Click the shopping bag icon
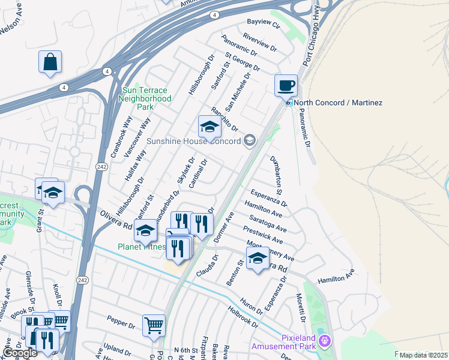(50, 62)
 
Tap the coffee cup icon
(286, 85)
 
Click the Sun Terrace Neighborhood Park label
(146, 98)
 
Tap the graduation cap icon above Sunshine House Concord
(209, 127)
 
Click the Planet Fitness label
(142, 246)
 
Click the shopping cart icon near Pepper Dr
(154, 325)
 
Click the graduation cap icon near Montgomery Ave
(258, 258)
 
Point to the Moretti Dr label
(301, 307)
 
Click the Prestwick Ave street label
(264, 238)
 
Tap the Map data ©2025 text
(423, 355)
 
